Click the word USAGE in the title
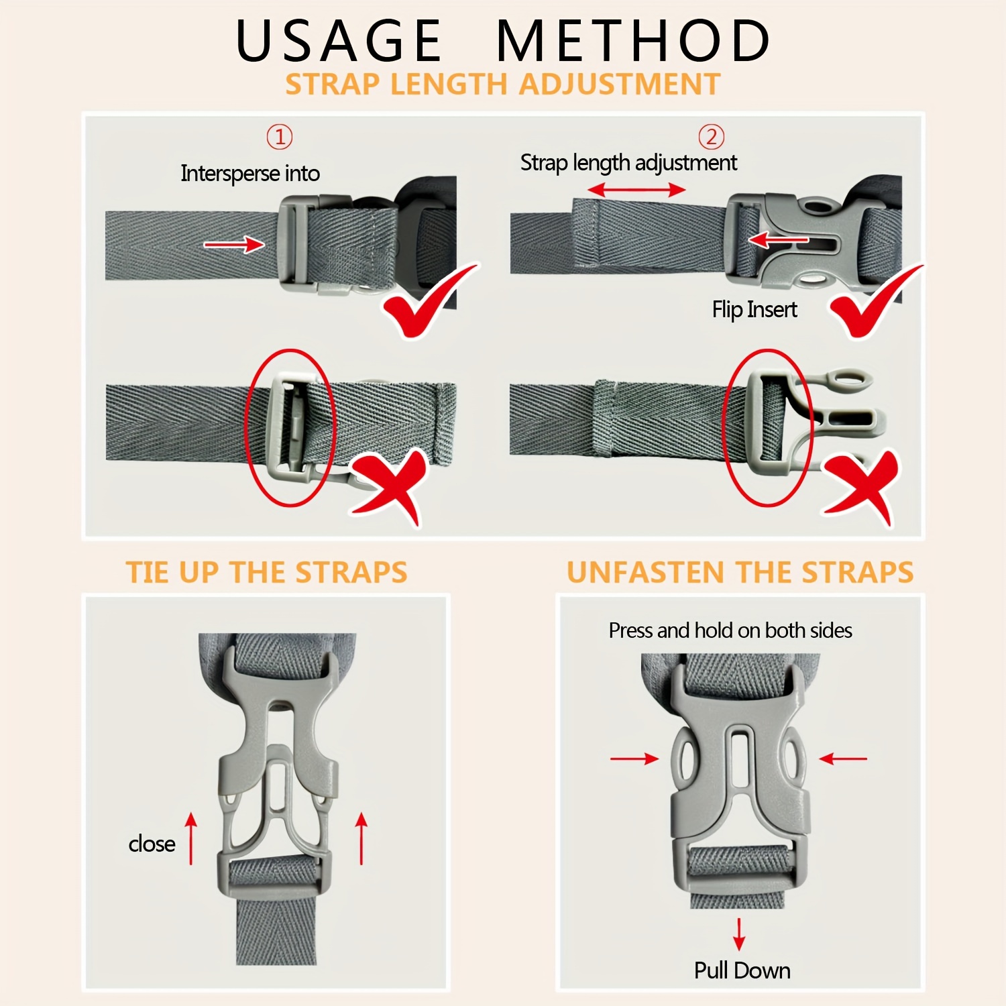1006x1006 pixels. pos(339,40)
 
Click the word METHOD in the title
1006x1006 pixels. pos(634,40)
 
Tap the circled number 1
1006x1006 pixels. pos(280,137)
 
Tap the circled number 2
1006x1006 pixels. pos(712,137)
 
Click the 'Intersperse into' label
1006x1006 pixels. pos(250,174)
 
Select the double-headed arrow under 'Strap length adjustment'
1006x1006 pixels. pos(636,190)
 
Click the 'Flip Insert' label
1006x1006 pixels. pos(754,310)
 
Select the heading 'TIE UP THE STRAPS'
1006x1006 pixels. pos(267,573)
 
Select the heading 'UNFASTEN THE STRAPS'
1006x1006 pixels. pos(740,573)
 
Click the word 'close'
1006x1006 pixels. pos(152,844)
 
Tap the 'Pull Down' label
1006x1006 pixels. pos(742,970)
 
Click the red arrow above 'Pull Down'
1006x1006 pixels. pos(739,934)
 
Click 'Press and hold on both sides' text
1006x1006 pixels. pos(730,631)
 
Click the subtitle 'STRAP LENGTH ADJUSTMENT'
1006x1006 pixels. pos(503,85)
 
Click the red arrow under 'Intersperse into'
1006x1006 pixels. pos(234,244)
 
